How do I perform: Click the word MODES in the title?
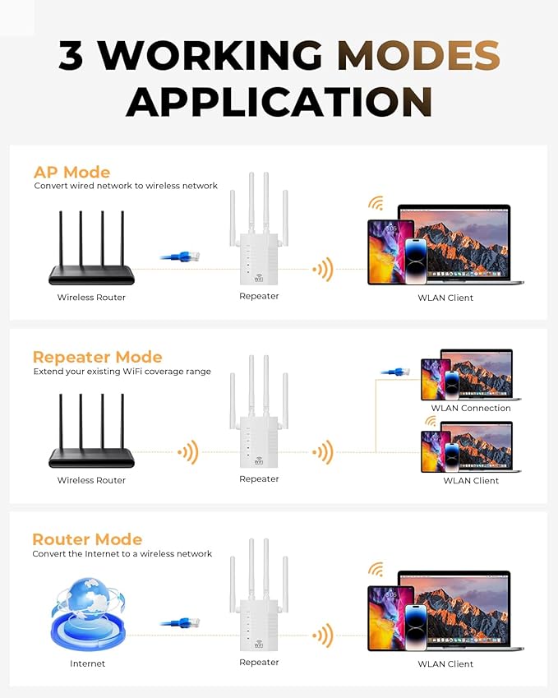pos(418,55)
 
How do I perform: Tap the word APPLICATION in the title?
pos(279,101)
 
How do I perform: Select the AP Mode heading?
pos(71,172)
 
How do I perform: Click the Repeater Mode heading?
pos(97,357)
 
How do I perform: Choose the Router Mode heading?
pos(87,539)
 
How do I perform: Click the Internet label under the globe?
pos(87,663)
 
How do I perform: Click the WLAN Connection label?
pos(471,408)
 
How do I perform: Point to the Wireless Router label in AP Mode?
pos(91,297)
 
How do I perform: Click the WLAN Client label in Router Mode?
pos(445,663)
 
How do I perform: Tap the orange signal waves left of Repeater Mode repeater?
pos(189,451)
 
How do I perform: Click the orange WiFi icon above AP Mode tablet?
pos(376,203)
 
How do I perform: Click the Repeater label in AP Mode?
pos(259,296)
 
